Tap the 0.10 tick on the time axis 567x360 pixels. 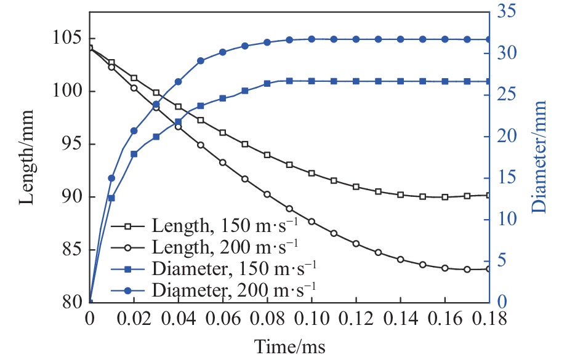coord(312,319)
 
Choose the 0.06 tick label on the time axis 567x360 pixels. coord(222,319)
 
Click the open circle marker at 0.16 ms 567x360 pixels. coord(445,268)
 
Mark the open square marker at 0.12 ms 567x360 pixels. coord(356,186)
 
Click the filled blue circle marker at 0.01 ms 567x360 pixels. coord(111,178)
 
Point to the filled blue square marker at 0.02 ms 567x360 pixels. coord(134,154)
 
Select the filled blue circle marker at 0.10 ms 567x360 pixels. coord(312,39)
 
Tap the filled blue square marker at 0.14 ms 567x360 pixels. coord(400,81)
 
